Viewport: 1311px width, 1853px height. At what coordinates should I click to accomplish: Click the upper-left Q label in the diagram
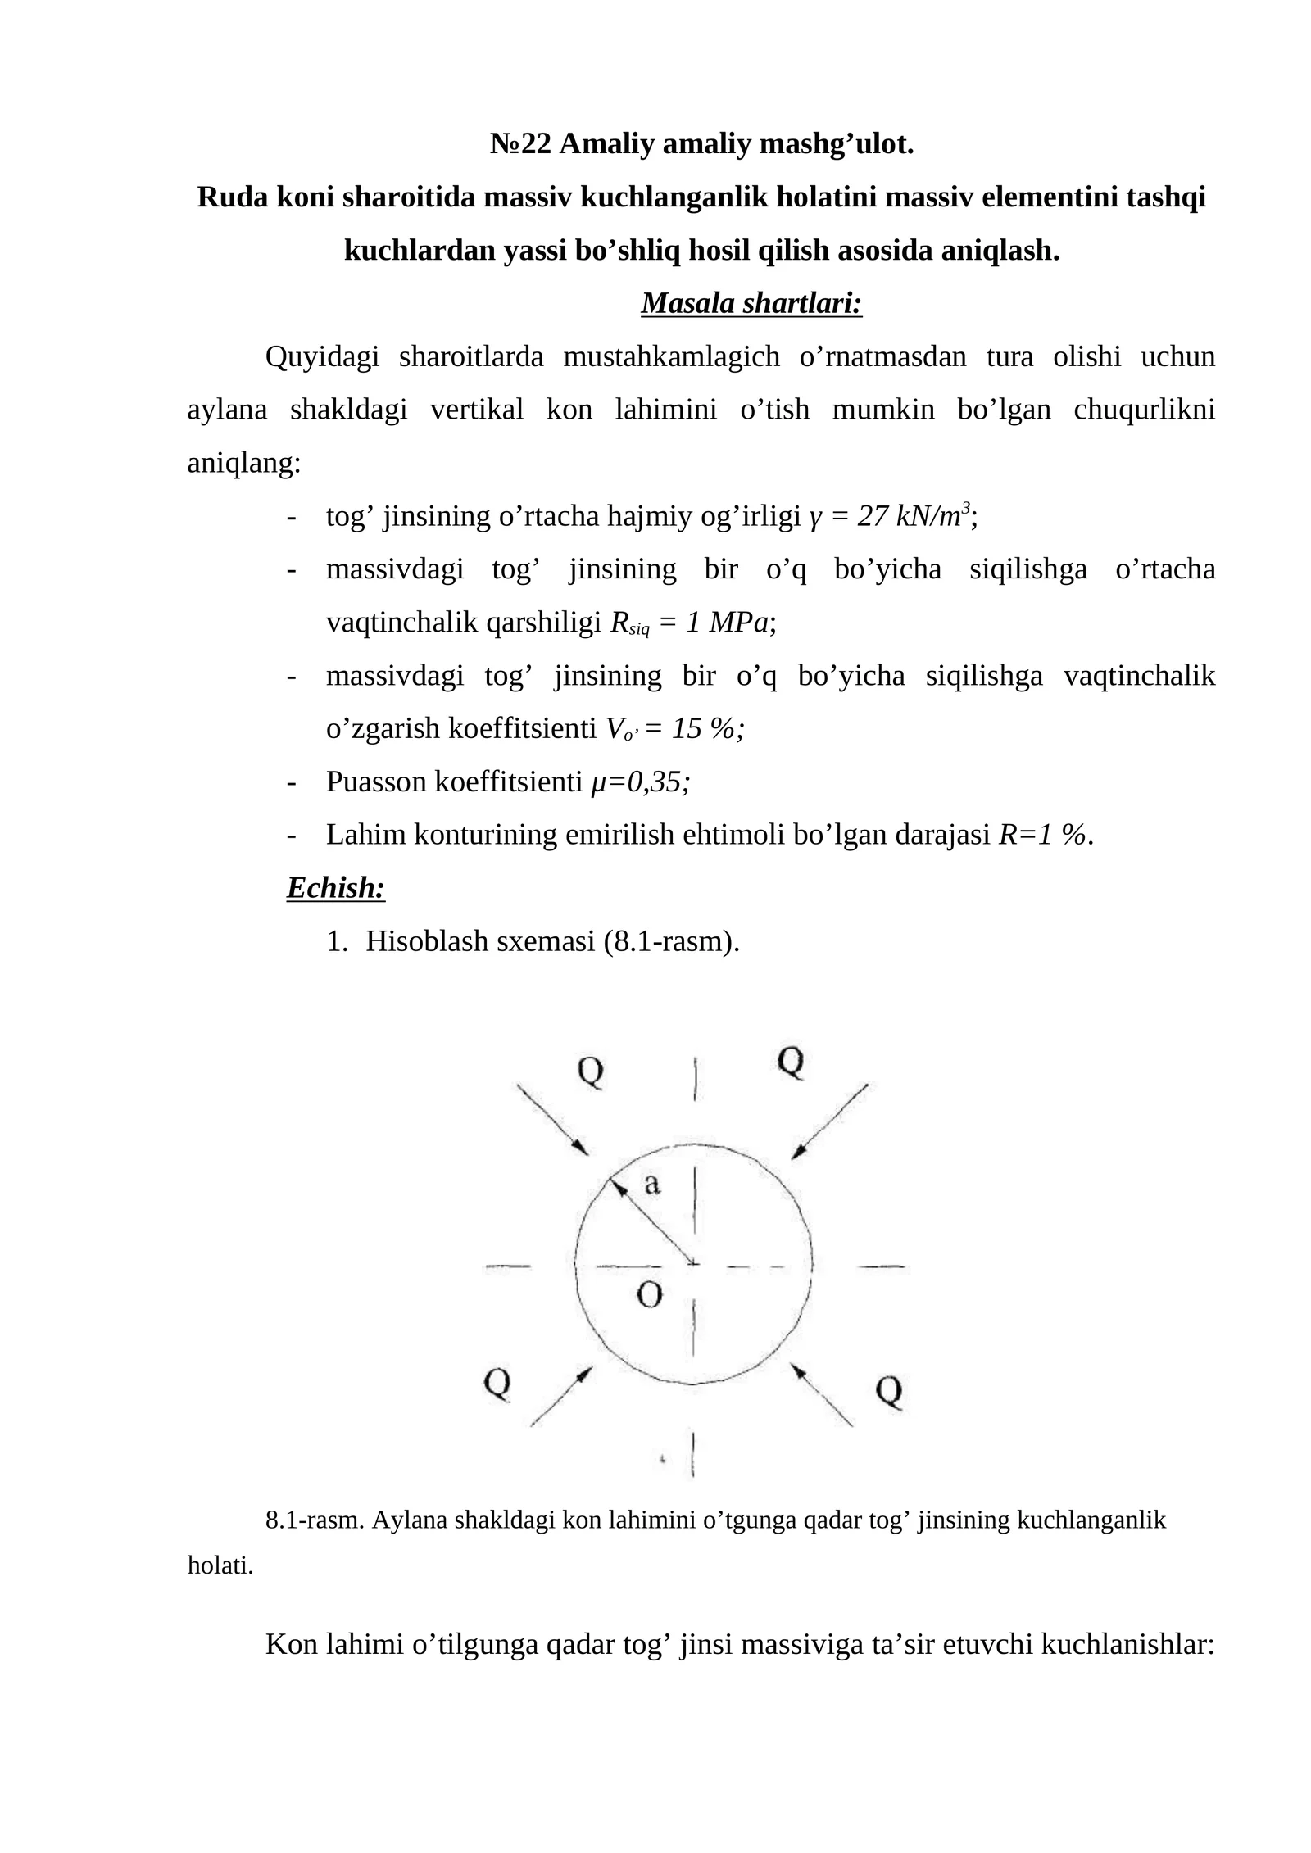591,1071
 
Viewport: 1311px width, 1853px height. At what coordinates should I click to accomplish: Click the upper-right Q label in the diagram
790,1062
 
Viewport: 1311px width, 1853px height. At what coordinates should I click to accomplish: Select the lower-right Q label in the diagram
889,1391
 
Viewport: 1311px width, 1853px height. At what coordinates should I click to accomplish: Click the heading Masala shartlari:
751,303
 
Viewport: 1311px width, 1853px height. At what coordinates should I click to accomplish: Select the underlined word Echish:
336,888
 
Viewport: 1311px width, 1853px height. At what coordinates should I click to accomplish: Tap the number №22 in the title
521,144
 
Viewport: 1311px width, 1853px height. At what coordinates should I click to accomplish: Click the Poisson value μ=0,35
640,782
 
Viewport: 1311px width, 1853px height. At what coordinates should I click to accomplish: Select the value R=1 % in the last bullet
1045,835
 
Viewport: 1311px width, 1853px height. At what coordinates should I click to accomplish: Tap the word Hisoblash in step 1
427,941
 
